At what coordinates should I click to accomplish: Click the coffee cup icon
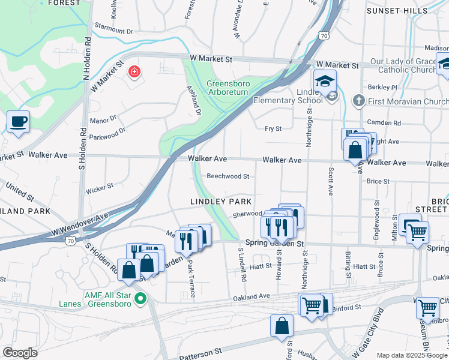(x=18, y=121)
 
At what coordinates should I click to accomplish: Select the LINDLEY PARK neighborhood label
(x=220, y=201)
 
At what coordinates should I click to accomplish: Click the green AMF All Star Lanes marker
(x=140, y=298)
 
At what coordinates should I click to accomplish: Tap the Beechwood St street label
(x=228, y=176)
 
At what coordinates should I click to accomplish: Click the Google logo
(x=20, y=353)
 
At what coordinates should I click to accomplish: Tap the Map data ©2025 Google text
(x=412, y=355)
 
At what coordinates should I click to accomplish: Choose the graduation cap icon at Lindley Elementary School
(x=324, y=81)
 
